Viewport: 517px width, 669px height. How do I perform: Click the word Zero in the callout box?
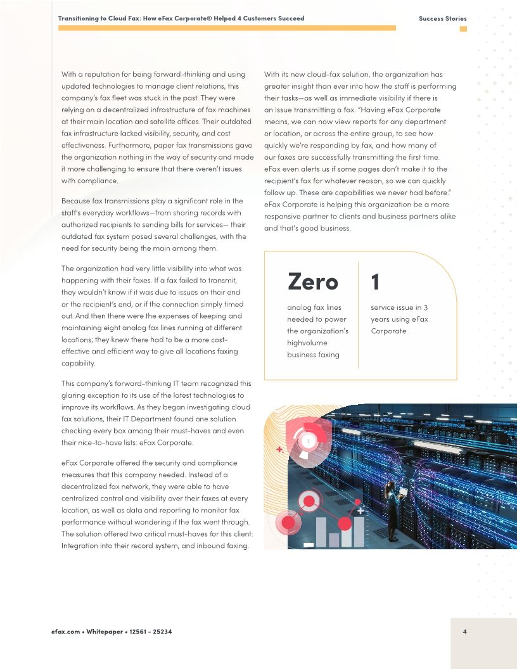(x=312, y=281)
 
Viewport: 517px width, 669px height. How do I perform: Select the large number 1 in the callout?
(x=375, y=281)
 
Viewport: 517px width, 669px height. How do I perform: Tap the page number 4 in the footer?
(x=465, y=631)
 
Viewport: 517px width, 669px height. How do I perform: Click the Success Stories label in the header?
(x=442, y=18)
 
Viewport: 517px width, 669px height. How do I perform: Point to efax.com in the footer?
(x=65, y=632)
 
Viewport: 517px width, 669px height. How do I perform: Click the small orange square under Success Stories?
(x=463, y=29)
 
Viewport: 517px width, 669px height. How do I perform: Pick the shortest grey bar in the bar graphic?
(x=334, y=540)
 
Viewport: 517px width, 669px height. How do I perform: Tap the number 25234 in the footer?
(x=161, y=632)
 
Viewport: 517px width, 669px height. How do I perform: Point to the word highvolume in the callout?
(x=307, y=343)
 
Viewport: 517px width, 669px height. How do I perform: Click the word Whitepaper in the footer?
(x=105, y=632)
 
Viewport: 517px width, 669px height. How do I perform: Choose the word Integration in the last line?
(x=81, y=545)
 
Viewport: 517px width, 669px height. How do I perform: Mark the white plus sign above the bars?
(x=360, y=509)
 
